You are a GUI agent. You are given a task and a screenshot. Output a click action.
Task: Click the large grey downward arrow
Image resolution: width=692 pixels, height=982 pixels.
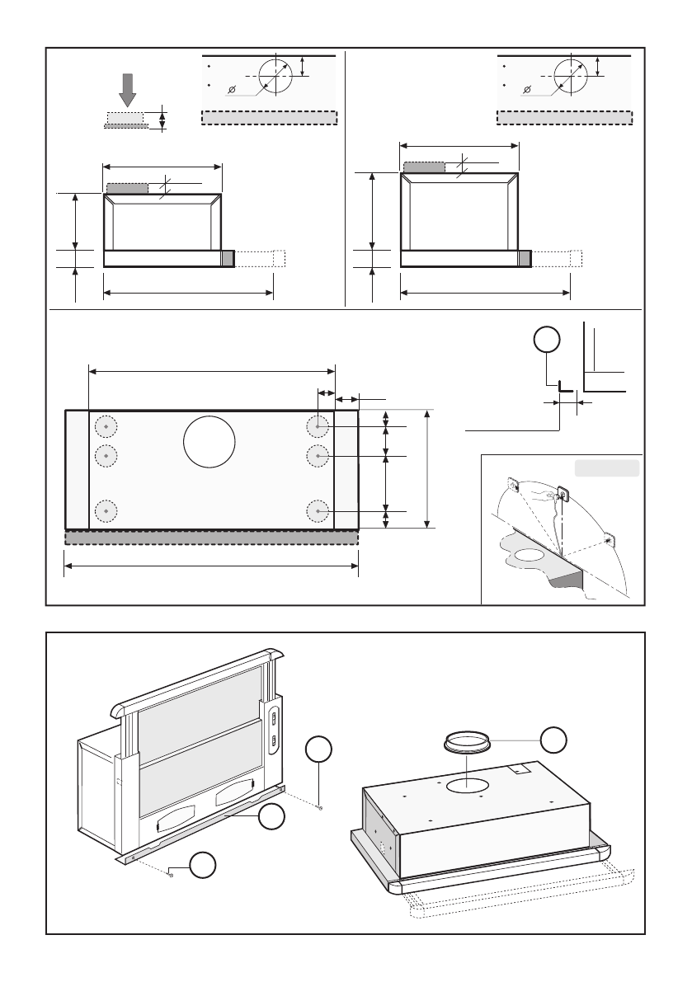point(127,90)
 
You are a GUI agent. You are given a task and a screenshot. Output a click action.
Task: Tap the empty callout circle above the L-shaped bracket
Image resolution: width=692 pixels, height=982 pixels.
point(546,340)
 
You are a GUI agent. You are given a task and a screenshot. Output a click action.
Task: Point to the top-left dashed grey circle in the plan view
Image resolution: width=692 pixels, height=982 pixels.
point(106,426)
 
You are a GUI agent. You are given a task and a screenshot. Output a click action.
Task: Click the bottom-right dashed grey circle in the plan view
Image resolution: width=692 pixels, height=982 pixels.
point(318,511)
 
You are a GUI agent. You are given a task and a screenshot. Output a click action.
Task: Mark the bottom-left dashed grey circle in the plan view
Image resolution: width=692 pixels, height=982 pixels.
point(106,511)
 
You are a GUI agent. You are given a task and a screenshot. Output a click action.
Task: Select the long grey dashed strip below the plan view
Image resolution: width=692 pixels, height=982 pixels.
point(211,538)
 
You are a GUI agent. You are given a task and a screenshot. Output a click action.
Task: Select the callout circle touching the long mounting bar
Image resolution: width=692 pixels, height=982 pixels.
point(272,818)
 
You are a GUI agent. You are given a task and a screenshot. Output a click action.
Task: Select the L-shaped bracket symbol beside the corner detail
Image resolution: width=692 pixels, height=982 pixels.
point(564,386)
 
